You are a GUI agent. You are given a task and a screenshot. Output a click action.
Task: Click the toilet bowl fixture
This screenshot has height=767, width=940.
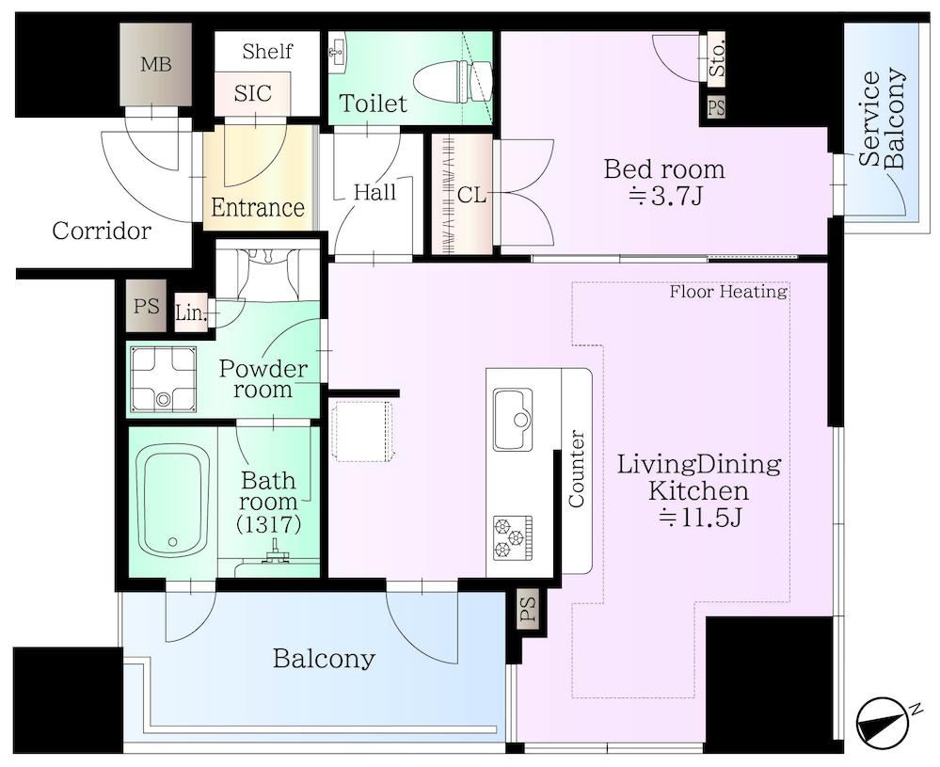[x=453, y=82]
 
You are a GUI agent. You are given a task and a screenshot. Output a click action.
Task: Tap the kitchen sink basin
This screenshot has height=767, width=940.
[x=513, y=419]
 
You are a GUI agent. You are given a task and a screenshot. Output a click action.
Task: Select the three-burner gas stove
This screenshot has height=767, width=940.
[x=513, y=538]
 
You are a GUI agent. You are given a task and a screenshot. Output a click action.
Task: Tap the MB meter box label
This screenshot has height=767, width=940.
[x=156, y=64]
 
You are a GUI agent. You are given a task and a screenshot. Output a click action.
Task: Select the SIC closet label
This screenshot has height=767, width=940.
[x=252, y=93]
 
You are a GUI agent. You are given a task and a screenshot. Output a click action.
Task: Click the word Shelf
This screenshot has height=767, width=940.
[x=267, y=52]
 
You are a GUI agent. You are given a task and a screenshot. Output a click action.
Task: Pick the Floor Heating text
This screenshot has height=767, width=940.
[x=727, y=292]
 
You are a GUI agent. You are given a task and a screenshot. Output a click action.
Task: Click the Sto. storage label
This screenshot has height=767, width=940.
[x=716, y=57]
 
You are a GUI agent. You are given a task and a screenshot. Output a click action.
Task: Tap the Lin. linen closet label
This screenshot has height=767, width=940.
[x=191, y=312]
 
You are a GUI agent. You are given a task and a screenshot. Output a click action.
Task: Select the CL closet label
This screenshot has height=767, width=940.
[x=471, y=195]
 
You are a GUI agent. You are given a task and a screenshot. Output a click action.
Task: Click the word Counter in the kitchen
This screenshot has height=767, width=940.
[x=576, y=469]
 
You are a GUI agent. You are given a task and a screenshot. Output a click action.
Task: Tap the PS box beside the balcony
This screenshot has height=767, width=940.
[x=528, y=609]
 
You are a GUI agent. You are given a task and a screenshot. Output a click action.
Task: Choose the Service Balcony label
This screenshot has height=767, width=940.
[x=882, y=120]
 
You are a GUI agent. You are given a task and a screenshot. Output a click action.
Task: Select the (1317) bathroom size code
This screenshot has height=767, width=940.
[x=268, y=524]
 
